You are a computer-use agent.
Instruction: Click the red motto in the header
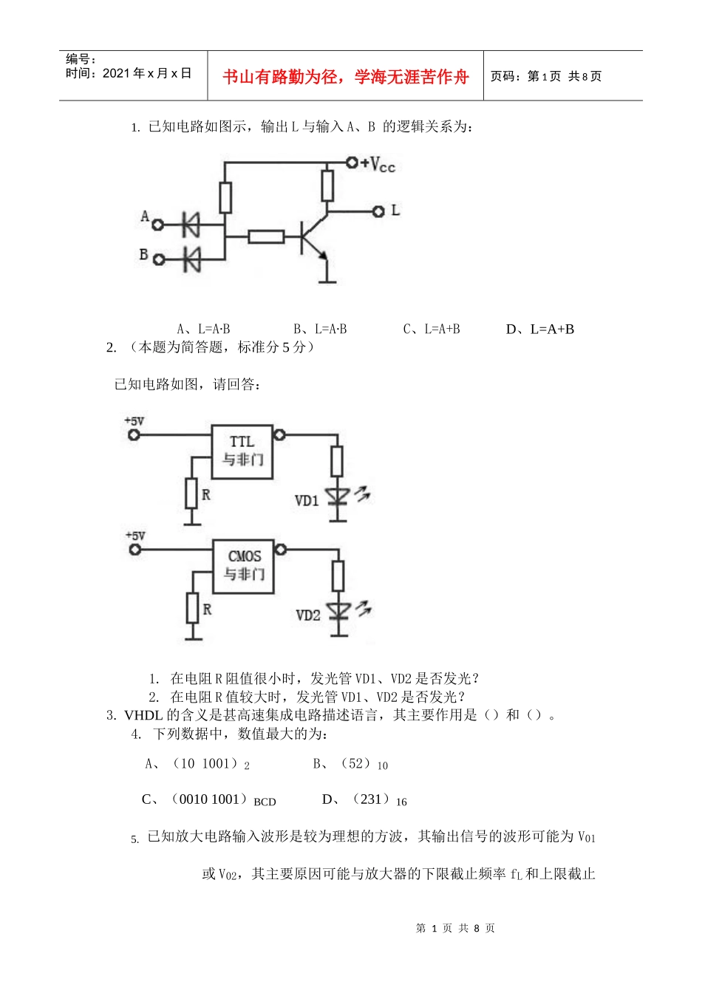[x=345, y=77]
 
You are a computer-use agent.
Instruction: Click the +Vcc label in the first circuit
[x=378, y=164]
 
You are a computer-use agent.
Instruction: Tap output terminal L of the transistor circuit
[x=378, y=211]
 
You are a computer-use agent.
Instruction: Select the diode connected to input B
[x=191, y=259]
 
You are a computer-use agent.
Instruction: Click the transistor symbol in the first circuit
[x=313, y=238]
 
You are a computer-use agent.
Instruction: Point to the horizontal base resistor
[x=266, y=237]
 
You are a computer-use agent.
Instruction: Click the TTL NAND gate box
[x=242, y=451]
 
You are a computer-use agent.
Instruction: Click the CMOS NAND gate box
[x=244, y=566]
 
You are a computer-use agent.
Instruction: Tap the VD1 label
[x=307, y=501]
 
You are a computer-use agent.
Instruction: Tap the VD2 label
[x=308, y=615]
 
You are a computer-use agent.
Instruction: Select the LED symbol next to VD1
[x=338, y=496]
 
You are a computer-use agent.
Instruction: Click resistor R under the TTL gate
[x=191, y=493]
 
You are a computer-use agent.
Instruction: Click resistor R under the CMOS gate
[x=193, y=607]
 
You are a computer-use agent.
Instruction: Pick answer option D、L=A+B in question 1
[x=539, y=330]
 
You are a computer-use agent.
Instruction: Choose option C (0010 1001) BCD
[x=209, y=799]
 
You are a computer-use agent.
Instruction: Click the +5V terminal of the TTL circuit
[x=134, y=434]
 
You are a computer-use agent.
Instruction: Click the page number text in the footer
[x=455, y=928]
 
